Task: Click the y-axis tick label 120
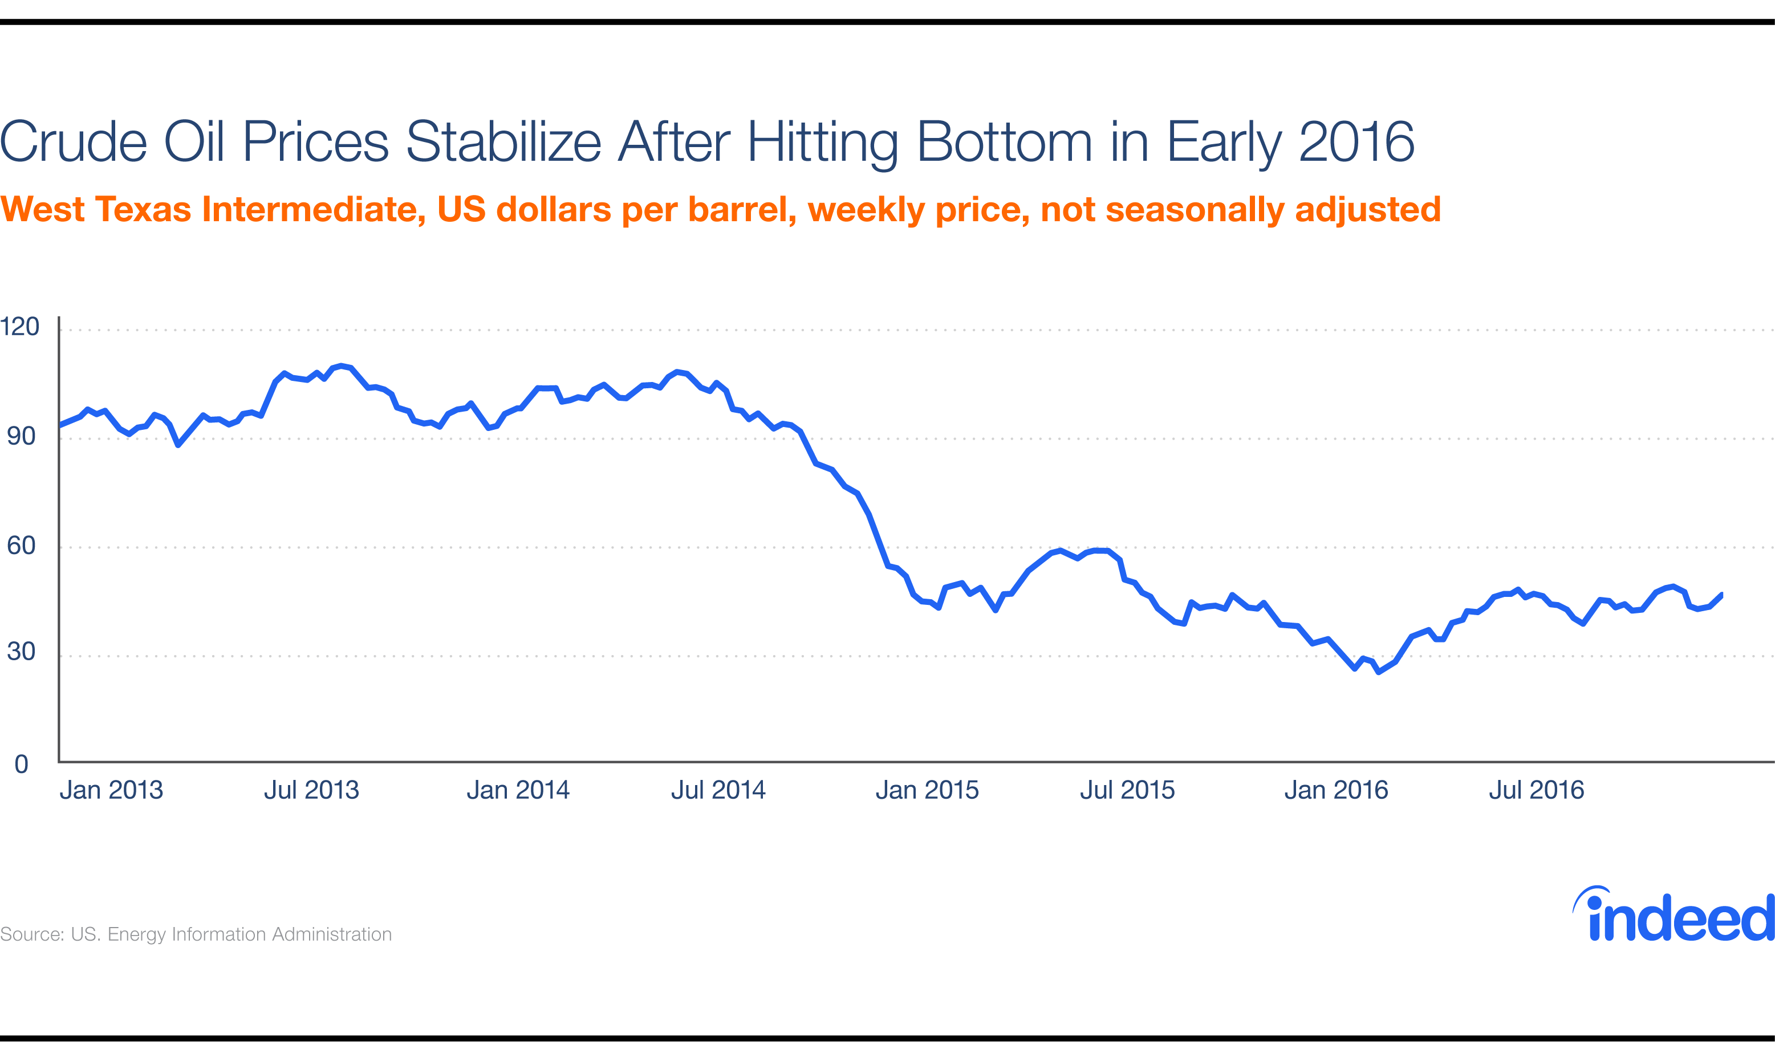[x=19, y=327]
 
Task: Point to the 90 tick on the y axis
[x=21, y=436]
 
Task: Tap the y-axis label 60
[x=21, y=546]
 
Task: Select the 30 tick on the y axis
[x=21, y=651]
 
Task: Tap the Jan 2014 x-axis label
[x=518, y=790]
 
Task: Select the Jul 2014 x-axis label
[x=718, y=790]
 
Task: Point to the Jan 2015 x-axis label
[x=927, y=790]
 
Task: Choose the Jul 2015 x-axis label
[x=1127, y=790]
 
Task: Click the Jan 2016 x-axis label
[x=1335, y=790]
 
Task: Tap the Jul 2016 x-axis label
[x=1536, y=790]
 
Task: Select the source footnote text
[x=195, y=934]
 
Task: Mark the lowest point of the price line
[x=1378, y=672]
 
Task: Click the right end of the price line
[x=1721, y=594]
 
